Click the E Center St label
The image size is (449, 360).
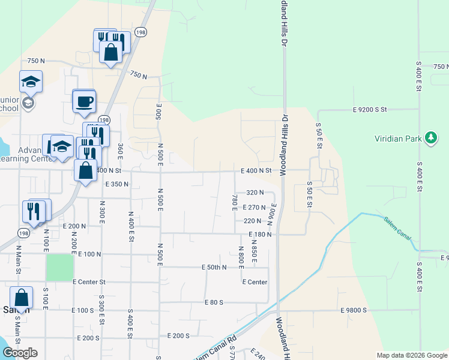[x=89, y=281]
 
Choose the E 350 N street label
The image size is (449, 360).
[x=118, y=184]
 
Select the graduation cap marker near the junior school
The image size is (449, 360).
[x=31, y=81]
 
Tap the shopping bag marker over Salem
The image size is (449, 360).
[x=22, y=298]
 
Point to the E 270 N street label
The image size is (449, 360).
[x=254, y=207]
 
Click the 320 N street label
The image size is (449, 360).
[x=255, y=193]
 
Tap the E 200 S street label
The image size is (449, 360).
[x=179, y=336]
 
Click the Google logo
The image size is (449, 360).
[x=20, y=352]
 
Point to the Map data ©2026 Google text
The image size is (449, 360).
[x=411, y=355]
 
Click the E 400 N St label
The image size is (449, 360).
[x=256, y=170]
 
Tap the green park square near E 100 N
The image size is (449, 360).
[x=59, y=267]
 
